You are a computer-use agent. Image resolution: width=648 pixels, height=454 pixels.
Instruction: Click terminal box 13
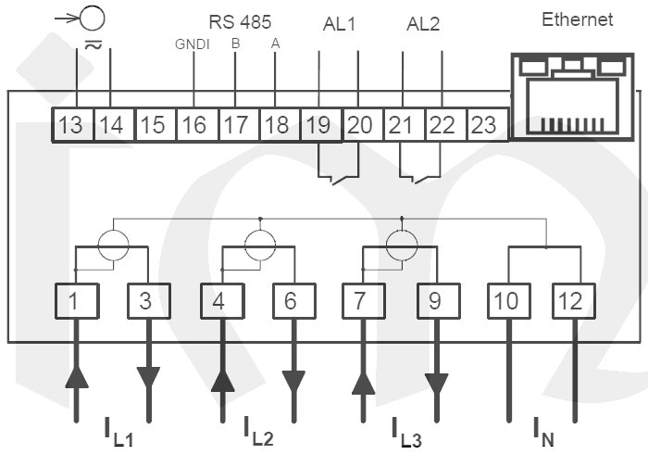70,124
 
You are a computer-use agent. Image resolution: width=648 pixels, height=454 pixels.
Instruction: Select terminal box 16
193,124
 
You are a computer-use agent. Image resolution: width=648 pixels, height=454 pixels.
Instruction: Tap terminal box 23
483,124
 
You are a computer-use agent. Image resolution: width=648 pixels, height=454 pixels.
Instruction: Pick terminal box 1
74,300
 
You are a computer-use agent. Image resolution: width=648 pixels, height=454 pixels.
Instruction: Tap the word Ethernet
578,19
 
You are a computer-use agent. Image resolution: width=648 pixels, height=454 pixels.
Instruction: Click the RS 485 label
236,19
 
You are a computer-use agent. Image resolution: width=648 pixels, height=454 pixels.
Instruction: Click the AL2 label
424,23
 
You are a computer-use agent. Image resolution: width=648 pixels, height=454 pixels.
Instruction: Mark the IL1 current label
118,433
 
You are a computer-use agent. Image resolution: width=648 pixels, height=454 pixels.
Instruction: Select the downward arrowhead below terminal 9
436,383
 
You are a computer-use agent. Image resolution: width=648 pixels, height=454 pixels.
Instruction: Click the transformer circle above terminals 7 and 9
402,246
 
